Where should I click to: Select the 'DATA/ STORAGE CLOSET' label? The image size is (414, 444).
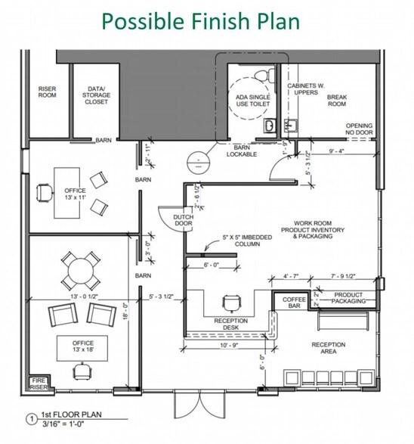[96, 95]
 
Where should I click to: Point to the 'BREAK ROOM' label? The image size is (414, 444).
[336, 101]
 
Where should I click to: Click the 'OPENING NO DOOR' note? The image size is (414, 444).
[360, 129]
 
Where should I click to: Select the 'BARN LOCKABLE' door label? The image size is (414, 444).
[242, 151]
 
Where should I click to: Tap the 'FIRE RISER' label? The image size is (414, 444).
[37, 384]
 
